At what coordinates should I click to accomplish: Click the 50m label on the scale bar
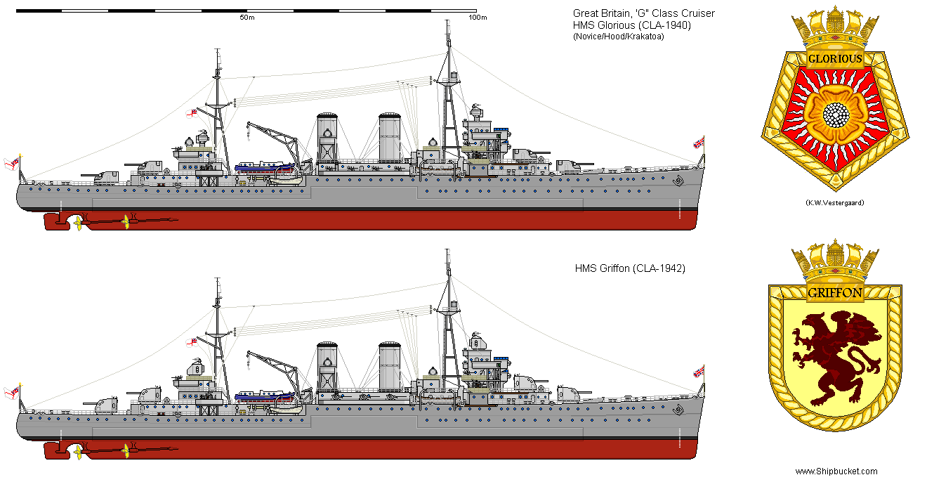coord(246,18)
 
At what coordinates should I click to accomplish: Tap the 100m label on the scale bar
coord(477,18)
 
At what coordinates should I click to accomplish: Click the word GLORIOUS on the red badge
coord(834,59)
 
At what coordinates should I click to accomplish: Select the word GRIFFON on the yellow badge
coord(834,293)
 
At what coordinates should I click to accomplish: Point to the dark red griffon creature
coord(836,352)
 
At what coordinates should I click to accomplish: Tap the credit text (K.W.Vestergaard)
coord(834,202)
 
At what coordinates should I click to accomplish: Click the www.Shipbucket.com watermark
coord(836,471)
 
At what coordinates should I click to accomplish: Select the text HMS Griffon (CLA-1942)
coord(630,268)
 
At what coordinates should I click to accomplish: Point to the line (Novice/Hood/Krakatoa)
coord(618,37)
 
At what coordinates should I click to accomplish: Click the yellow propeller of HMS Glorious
coord(126,222)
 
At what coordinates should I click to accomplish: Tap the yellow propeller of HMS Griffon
coord(126,449)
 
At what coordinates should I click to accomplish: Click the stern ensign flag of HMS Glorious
coord(12,164)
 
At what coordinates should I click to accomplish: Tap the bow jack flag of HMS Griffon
coord(699,371)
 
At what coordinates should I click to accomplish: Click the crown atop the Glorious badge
coord(834,28)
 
